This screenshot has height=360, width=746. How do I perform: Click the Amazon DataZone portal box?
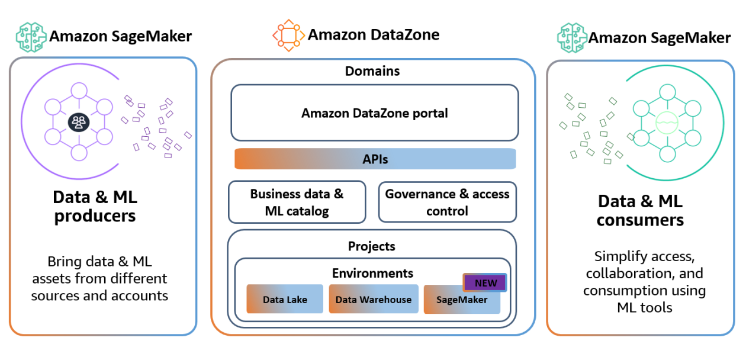click(x=374, y=112)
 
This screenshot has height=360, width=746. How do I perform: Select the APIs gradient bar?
click(x=375, y=159)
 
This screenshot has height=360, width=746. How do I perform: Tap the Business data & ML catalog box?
click(x=297, y=202)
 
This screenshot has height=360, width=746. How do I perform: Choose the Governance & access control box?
click(x=447, y=202)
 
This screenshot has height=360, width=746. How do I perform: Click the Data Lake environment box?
click(x=285, y=300)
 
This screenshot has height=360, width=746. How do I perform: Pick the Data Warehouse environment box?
click(x=373, y=300)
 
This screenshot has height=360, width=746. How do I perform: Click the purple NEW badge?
click(x=485, y=282)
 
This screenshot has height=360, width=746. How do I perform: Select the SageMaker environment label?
click(x=462, y=300)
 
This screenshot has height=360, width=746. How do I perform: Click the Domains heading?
click(x=372, y=71)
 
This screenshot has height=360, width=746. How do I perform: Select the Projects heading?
click(x=371, y=246)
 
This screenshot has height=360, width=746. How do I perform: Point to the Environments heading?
click(x=372, y=273)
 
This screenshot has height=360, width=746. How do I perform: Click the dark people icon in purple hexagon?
click(x=78, y=122)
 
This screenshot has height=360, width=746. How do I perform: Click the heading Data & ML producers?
click(x=95, y=205)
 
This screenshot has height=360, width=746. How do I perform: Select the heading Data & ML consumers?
click(x=640, y=211)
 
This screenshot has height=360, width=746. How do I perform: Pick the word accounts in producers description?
click(x=142, y=295)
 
